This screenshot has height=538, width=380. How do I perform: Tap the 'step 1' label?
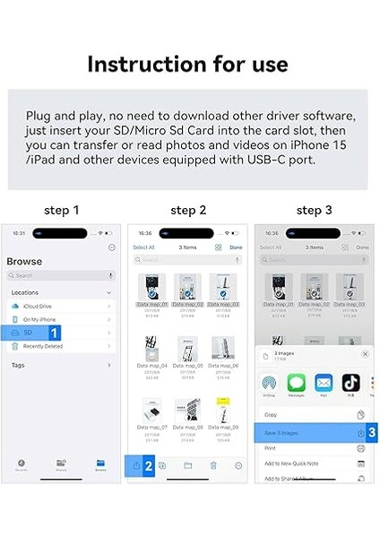(62, 211)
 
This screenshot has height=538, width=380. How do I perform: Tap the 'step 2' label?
(188, 211)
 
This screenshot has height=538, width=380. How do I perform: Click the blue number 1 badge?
(54, 333)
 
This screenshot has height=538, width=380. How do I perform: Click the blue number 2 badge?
(149, 465)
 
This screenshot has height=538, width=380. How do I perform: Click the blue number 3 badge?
(371, 433)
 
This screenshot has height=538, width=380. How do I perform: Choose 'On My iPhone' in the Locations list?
(41, 319)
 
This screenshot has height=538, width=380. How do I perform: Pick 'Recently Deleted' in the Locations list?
(45, 345)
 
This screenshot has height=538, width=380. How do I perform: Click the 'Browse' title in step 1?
(24, 262)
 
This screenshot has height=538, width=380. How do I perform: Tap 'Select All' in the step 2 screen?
(142, 247)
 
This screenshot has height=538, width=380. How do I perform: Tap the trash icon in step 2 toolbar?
(213, 465)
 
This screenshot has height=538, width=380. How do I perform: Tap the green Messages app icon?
(296, 383)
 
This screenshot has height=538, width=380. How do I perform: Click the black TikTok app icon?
(351, 383)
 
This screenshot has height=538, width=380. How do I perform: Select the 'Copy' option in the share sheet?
(271, 415)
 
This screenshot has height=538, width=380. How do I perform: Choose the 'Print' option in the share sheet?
(270, 448)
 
